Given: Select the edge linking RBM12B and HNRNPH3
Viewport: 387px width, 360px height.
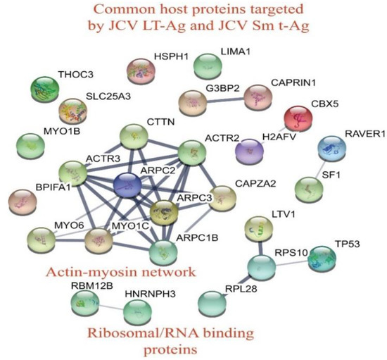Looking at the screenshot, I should click(x=109, y=306).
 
